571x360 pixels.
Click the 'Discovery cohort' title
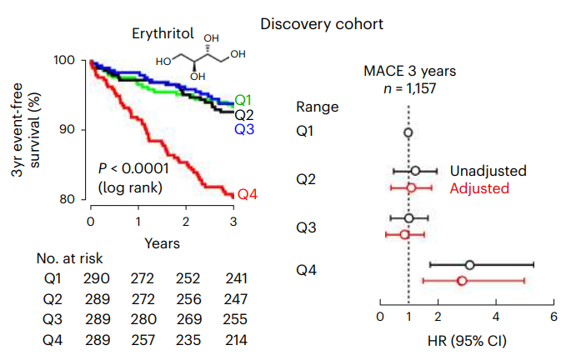(322, 23)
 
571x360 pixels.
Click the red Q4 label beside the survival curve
(248, 194)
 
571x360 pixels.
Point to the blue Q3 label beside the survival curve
(244, 129)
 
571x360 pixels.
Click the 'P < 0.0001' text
(133, 167)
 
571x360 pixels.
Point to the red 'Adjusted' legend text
(479, 188)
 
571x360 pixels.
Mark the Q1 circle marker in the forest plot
(408, 132)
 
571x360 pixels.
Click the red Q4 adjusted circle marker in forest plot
(461, 282)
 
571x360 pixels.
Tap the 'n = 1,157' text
(409, 87)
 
